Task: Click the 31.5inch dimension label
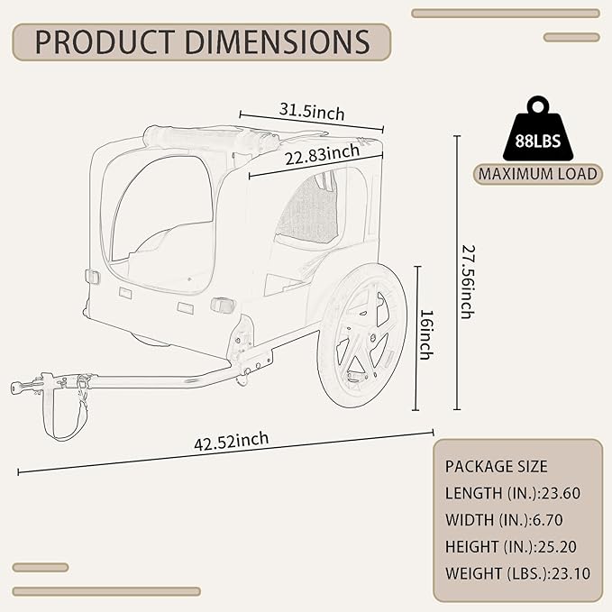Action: coord(312,112)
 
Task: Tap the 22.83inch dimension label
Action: coord(322,154)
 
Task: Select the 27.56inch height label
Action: coord(468,282)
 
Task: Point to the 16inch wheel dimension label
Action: coord(426,335)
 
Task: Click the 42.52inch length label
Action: coord(232,442)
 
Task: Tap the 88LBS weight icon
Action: coord(538,128)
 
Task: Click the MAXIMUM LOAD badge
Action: coord(538,174)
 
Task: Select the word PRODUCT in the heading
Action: coord(105,41)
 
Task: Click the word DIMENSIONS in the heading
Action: coord(277,41)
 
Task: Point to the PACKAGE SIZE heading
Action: coord(496,466)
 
